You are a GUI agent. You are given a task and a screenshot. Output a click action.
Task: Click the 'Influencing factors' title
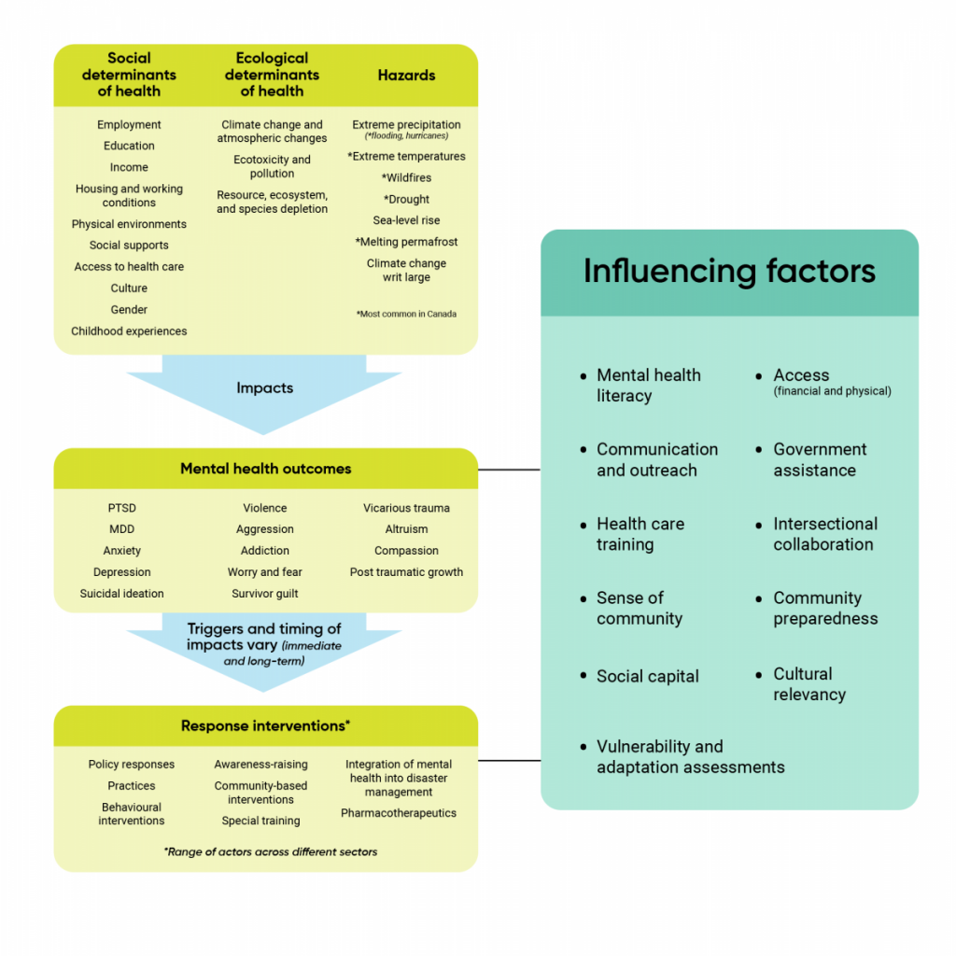(x=729, y=271)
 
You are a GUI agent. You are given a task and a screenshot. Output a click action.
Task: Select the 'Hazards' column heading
(x=406, y=75)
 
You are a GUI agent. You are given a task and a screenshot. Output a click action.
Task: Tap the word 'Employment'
(x=129, y=124)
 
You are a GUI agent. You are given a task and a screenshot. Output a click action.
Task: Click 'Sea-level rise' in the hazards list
(x=406, y=220)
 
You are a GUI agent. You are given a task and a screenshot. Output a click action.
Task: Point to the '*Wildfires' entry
(x=406, y=177)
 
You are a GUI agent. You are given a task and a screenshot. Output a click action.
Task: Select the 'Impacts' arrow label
(x=264, y=387)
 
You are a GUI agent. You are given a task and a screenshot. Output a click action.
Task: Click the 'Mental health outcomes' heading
(x=265, y=469)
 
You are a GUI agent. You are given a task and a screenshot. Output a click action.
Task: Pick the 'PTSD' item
(x=121, y=508)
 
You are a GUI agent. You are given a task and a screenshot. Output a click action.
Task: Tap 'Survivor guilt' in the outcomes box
(x=265, y=594)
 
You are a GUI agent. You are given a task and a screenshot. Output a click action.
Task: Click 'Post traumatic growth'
(x=406, y=572)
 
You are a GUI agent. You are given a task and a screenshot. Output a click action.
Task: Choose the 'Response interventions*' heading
(x=265, y=725)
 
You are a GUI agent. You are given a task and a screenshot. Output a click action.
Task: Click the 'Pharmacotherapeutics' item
(x=399, y=813)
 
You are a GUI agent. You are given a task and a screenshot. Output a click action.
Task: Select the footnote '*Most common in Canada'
(x=406, y=314)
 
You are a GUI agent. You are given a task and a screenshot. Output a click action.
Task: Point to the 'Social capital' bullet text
(x=647, y=677)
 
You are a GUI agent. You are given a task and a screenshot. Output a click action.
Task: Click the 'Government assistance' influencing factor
(x=819, y=459)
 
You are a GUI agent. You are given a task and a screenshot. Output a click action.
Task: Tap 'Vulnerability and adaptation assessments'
(x=689, y=757)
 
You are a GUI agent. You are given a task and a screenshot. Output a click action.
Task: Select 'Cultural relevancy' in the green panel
(x=808, y=684)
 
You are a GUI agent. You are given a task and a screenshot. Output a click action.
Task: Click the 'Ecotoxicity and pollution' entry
(x=272, y=166)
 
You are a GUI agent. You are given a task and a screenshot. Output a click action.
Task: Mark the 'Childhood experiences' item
(x=129, y=330)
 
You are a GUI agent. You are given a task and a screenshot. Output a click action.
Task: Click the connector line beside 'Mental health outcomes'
(x=509, y=470)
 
